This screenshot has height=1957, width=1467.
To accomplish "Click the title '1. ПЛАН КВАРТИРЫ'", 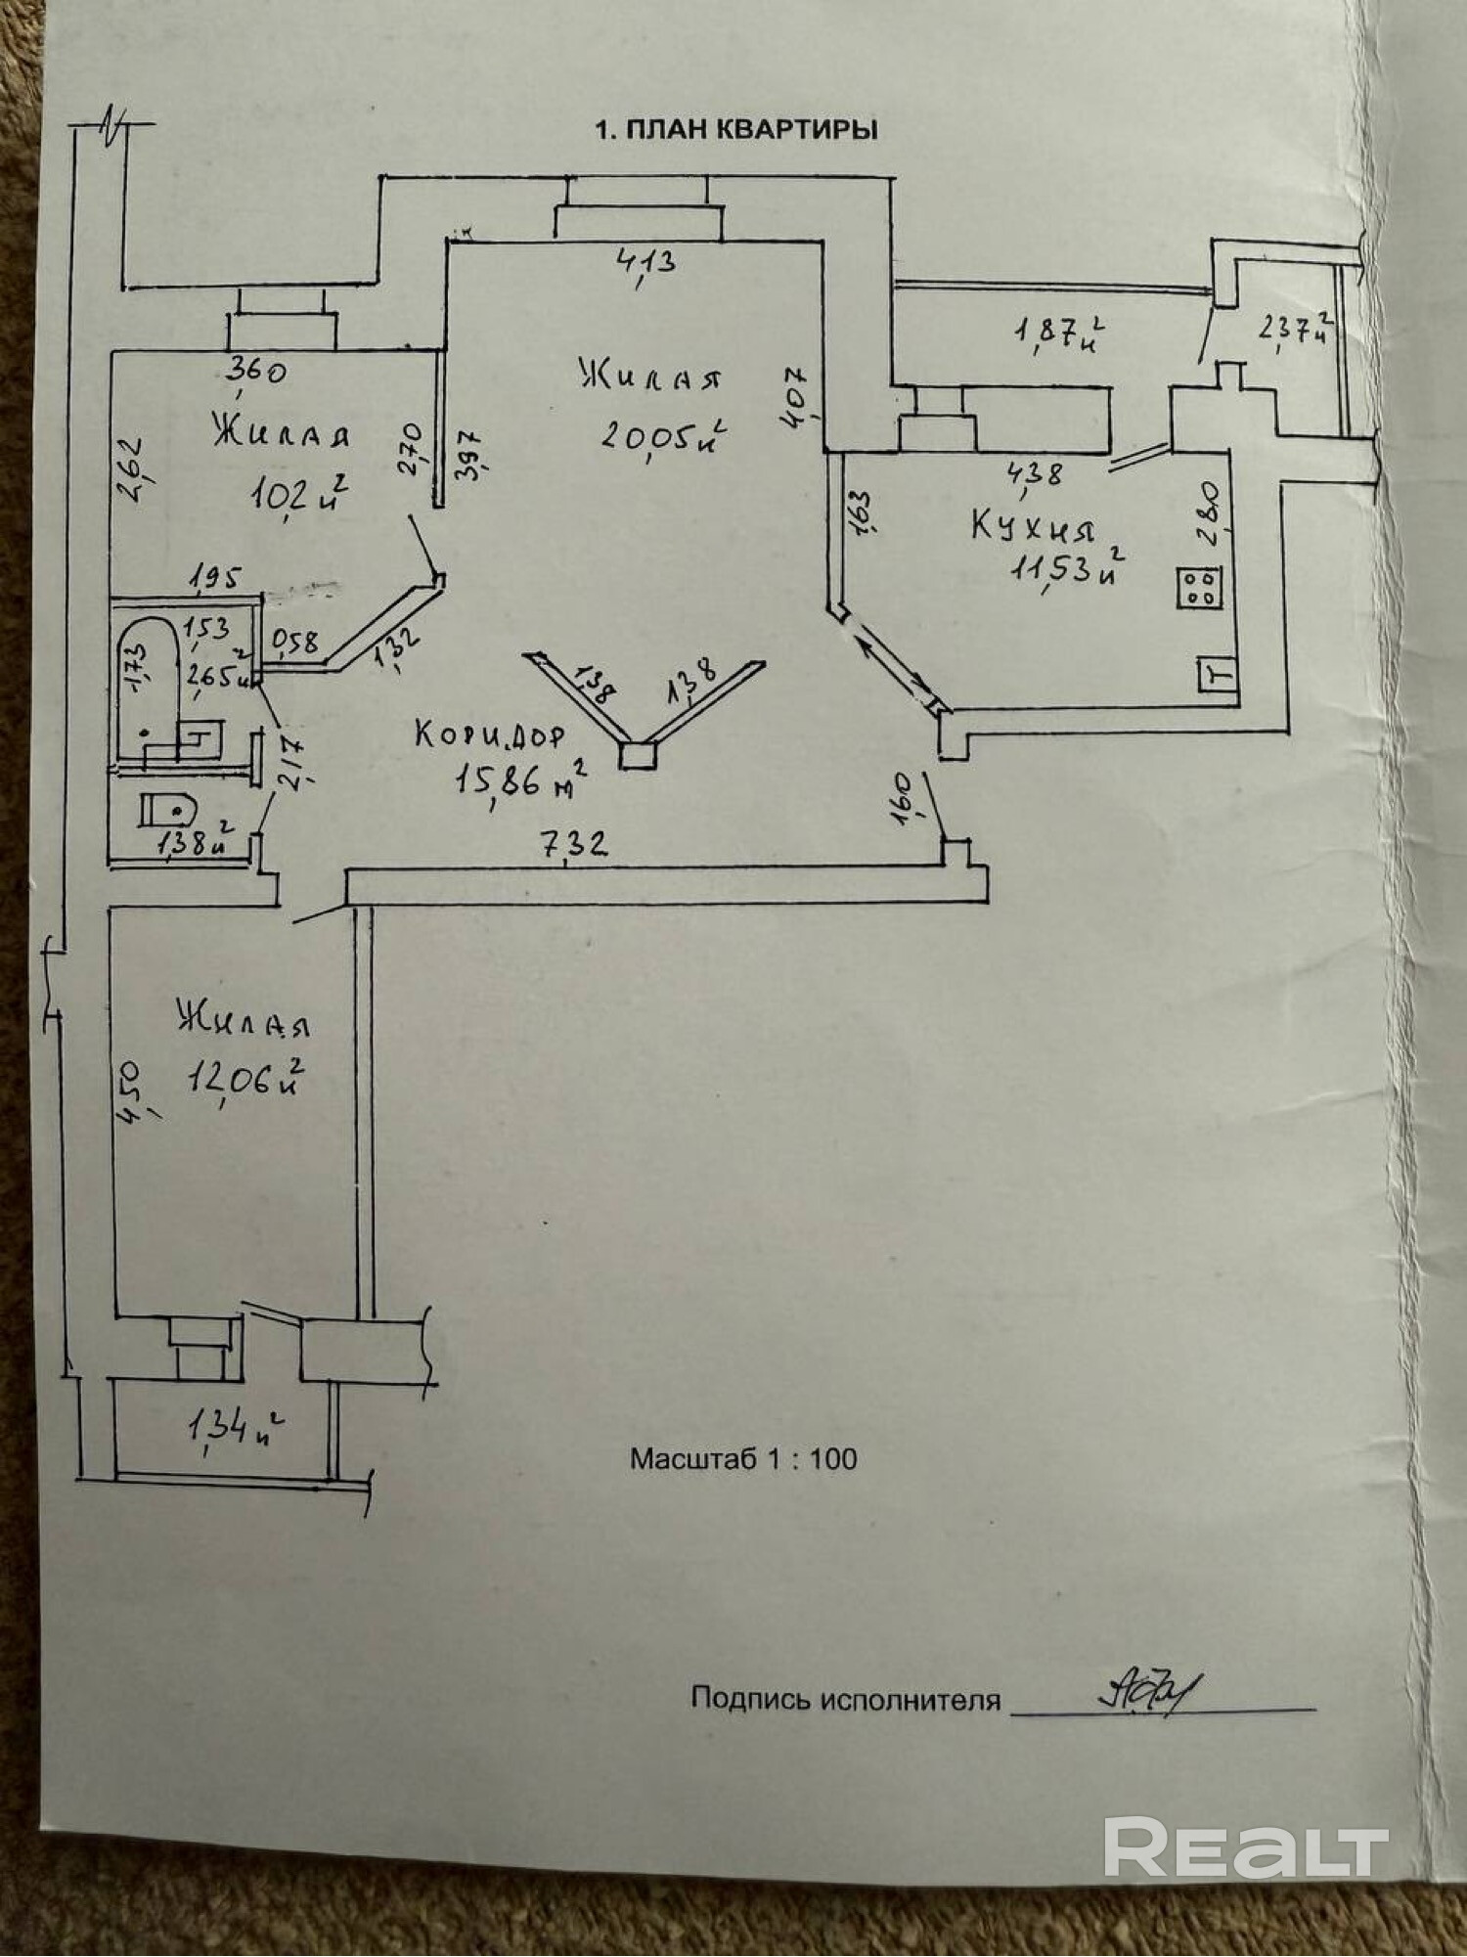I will coord(735,130).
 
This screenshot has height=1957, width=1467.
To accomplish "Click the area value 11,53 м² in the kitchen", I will coord(1066,570).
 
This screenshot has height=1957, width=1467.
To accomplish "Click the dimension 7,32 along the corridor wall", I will coord(576,843).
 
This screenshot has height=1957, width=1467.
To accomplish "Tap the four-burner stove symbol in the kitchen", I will coord(1200,589).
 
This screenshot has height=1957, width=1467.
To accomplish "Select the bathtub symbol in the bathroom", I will coord(147,685).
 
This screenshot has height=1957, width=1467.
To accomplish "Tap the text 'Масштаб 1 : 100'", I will coord(743,1459).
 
